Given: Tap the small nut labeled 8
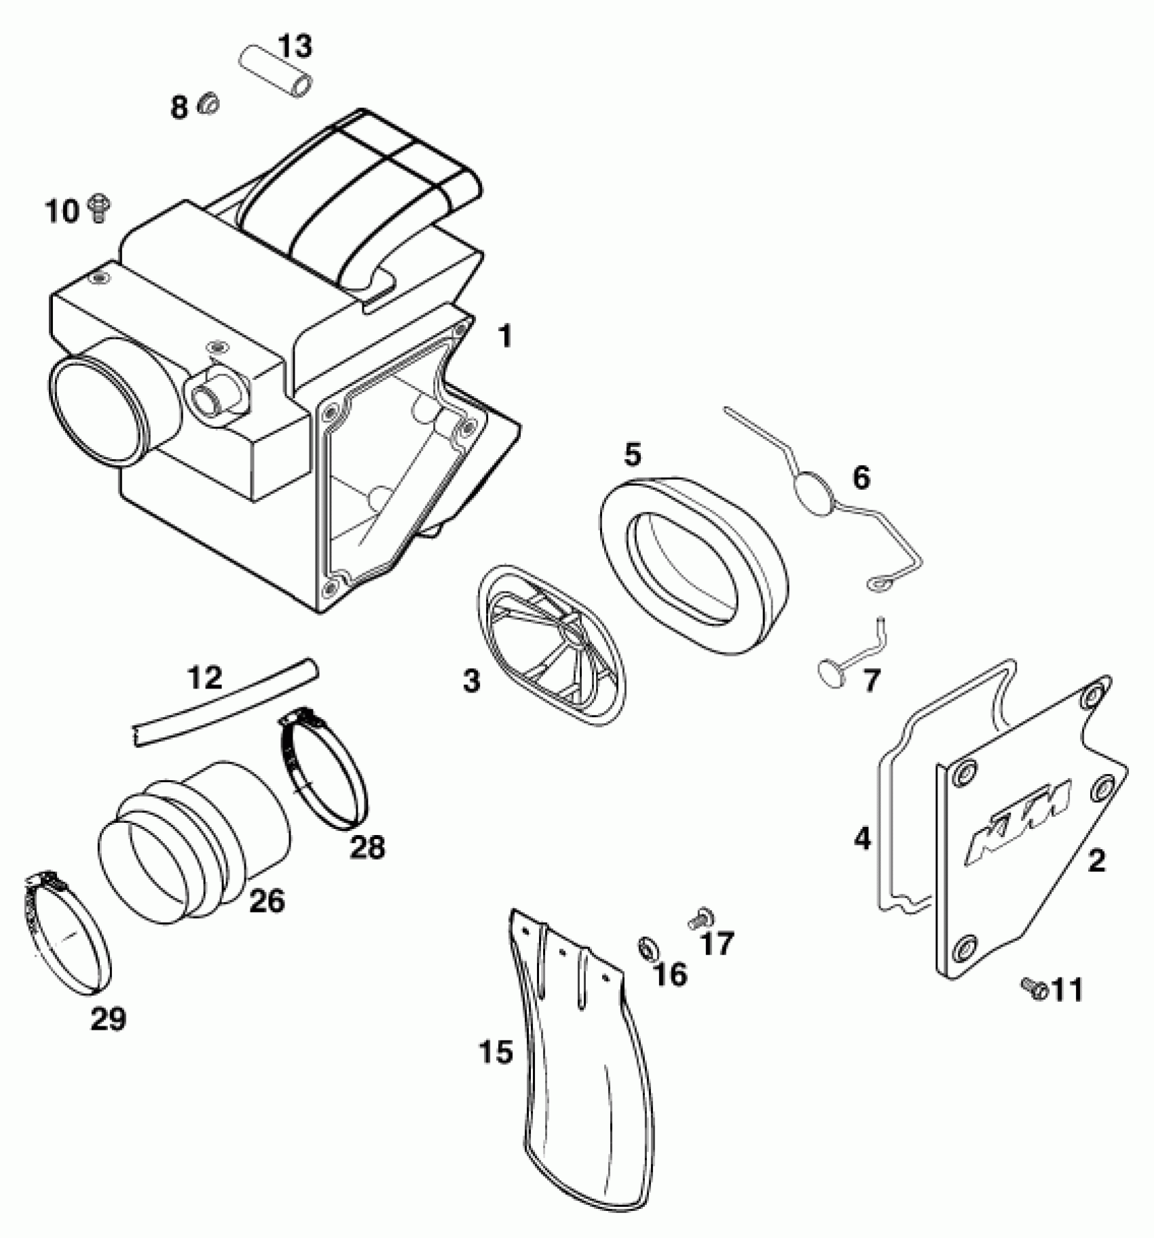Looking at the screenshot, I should [208, 104].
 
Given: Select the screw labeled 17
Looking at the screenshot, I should [696, 919].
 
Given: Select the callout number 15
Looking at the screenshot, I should [496, 1052].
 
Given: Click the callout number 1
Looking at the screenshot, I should [504, 336].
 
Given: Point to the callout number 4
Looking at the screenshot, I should [861, 839].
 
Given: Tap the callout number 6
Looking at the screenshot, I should [860, 478].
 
